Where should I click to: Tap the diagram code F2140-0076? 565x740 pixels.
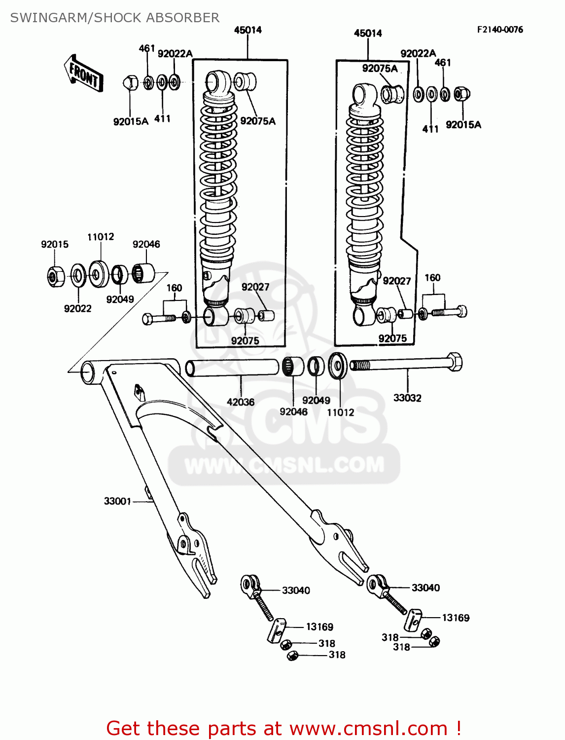tap(499, 30)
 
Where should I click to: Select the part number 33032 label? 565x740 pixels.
tap(407, 398)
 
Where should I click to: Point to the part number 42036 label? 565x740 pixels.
tap(241, 402)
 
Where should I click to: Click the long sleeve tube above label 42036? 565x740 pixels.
tap(232, 368)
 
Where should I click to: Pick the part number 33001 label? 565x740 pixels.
tap(117, 501)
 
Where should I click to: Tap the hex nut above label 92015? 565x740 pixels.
tap(55, 276)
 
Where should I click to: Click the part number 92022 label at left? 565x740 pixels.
tap(77, 309)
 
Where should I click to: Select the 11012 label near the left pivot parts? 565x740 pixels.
tap(101, 237)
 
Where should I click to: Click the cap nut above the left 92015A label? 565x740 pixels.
tap(130, 82)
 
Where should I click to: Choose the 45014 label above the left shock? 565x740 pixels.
tap(247, 30)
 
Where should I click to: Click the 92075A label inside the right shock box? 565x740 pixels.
tap(380, 69)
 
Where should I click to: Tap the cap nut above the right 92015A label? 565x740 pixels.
tap(461, 93)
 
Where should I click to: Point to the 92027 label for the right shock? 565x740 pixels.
tap(396, 281)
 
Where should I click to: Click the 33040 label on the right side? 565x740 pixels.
tap(425, 588)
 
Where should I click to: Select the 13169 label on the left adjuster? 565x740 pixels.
tap(319, 627)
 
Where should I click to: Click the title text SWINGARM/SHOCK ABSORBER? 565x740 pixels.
tap(115, 18)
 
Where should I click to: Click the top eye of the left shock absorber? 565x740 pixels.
tap(217, 80)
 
